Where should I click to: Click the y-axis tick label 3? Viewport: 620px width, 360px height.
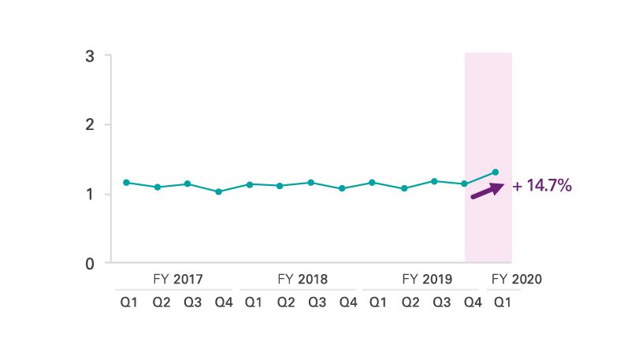tap(91, 56)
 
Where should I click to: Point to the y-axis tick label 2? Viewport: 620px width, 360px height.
tap(91, 124)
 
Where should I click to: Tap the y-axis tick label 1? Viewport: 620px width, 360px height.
tap(91, 194)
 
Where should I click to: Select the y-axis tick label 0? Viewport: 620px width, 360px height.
tap(91, 262)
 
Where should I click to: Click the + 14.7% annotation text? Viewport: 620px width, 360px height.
tap(541, 187)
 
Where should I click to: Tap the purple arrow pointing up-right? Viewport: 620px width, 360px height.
tap(487, 190)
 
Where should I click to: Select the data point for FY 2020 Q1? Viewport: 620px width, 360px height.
tap(496, 172)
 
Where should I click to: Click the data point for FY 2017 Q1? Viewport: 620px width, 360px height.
tap(126, 183)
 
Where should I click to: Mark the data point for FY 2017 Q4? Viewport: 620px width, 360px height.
tap(218, 191)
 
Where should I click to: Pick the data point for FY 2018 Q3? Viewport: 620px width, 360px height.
tap(310, 183)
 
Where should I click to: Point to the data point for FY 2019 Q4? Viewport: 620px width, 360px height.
tap(465, 184)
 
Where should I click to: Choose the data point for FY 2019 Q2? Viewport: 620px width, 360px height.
tap(403, 188)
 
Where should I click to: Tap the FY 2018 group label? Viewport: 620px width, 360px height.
tap(303, 279)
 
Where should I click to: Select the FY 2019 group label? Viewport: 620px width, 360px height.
tap(426, 279)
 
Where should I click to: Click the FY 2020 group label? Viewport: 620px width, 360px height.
tap(517, 279)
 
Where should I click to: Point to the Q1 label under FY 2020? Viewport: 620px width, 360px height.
tap(502, 302)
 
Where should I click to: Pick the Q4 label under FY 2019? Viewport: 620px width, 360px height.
tap(472, 302)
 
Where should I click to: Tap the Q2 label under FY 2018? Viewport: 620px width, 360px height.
tap(286, 302)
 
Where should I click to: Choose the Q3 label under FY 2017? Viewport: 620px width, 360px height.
tap(193, 302)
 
